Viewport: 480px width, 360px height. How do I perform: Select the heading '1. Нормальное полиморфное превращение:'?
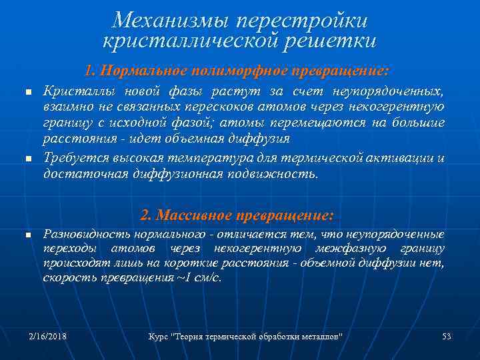coord(237,70)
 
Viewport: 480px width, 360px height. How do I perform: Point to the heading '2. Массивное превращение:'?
coord(237,215)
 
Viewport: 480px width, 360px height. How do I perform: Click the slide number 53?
coord(446,337)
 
